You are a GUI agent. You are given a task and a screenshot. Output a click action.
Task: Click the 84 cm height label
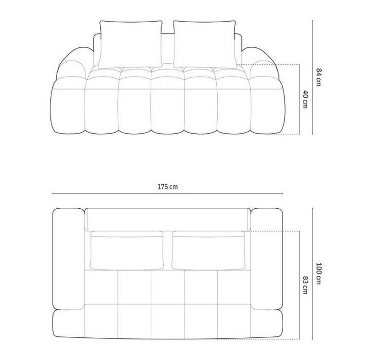click(x=318, y=77)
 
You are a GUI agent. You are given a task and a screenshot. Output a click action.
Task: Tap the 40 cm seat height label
click(x=305, y=99)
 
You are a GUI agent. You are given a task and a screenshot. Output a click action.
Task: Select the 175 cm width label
click(x=167, y=187)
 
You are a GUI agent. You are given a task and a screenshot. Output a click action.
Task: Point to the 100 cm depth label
click(x=319, y=274)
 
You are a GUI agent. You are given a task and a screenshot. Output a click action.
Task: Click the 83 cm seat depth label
click(x=305, y=285)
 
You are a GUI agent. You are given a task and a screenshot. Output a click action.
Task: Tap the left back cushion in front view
click(x=131, y=44)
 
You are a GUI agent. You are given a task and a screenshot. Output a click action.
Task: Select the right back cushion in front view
click(x=205, y=44)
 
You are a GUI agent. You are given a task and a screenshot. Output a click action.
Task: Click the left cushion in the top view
click(x=127, y=250)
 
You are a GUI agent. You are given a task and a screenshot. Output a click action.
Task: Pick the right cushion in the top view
click(x=208, y=250)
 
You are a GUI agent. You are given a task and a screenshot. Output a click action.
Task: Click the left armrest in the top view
click(x=68, y=259)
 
